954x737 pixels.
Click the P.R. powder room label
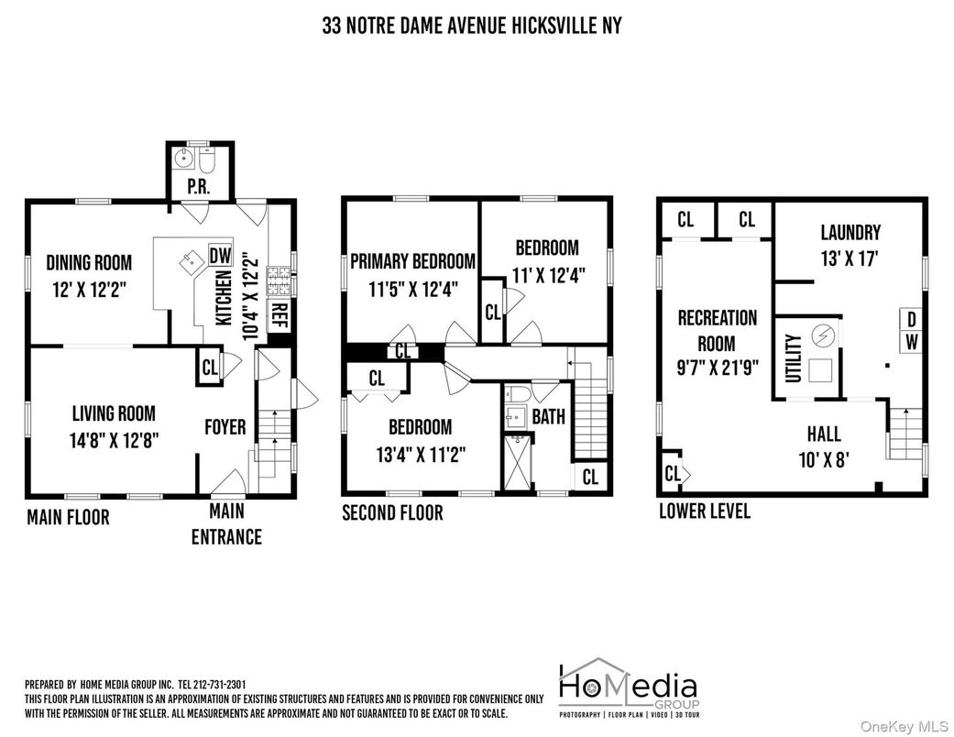(x=199, y=186)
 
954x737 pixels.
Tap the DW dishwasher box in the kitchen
(x=220, y=255)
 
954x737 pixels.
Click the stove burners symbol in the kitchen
(x=280, y=281)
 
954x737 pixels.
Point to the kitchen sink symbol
(x=192, y=261)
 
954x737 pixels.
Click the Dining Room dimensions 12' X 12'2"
(x=89, y=290)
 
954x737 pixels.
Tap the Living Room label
(x=114, y=413)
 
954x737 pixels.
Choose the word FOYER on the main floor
(x=225, y=427)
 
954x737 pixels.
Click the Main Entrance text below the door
(x=226, y=524)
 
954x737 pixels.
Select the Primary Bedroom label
(x=412, y=261)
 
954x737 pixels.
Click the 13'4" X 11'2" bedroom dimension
(x=421, y=455)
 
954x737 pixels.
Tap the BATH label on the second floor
(x=548, y=417)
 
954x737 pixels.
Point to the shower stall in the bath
(x=518, y=462)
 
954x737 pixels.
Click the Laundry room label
(x=850, y=233)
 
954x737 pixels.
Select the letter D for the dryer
(x=911, y=319)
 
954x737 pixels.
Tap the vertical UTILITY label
(x=793, y=357)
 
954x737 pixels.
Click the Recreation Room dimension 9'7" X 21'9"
(x=718, y=368)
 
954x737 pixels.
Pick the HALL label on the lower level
(x=824, y=434)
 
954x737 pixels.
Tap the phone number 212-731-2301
(x=218, y=685)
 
